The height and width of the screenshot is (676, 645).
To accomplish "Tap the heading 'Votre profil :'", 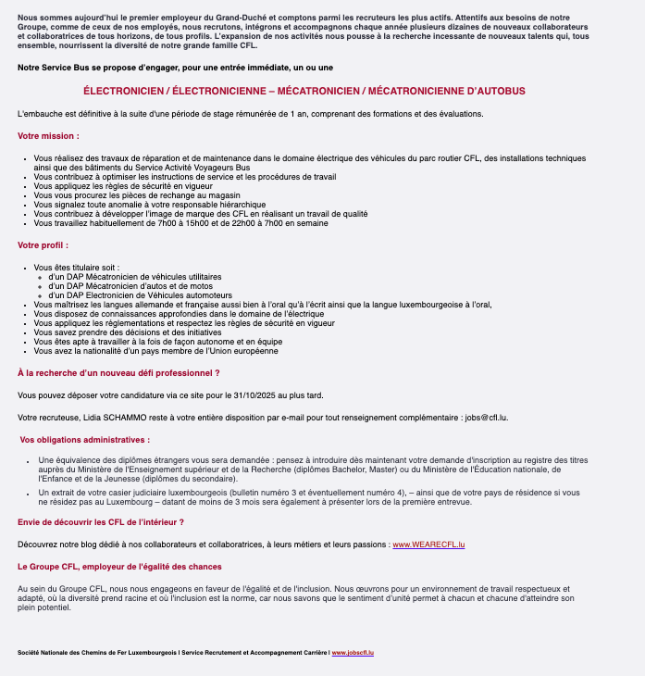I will [x=43, y=245].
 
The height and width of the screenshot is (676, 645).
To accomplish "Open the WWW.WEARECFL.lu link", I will [x=428, y=545].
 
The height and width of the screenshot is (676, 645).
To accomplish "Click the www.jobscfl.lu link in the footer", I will [x=353, y=653].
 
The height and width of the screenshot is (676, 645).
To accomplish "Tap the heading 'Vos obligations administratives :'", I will [x=84, y=439].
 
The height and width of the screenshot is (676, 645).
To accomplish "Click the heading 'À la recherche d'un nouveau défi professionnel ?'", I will [x=118, y=372].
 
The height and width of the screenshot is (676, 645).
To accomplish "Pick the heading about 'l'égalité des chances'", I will [x=119, y=566].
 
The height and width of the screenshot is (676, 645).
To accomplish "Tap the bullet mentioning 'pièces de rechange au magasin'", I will [x=137, y=194].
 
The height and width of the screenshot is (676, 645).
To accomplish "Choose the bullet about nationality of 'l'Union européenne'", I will [x=155, y=351].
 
